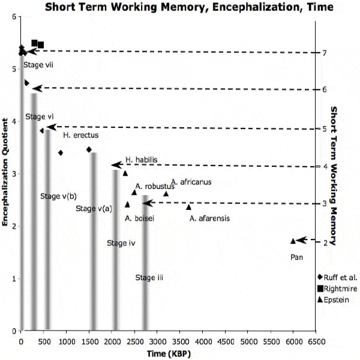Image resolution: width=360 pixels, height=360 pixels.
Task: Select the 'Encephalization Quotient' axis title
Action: (5, 180)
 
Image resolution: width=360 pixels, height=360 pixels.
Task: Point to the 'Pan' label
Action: (296, 257)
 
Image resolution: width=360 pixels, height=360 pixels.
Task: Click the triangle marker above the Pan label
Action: (293, 241)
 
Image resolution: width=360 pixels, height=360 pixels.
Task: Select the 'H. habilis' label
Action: (142, 160)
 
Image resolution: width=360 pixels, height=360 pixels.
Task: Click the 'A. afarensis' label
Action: (209, 218)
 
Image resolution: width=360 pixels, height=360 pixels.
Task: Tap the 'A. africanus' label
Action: (191, 182)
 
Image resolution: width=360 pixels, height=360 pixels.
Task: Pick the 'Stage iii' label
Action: (149, 277)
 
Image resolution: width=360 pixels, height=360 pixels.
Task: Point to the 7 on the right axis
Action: (323, 53)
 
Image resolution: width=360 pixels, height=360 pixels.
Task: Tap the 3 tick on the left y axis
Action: (13, 174)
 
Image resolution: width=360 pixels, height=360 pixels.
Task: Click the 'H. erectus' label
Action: (80, 135)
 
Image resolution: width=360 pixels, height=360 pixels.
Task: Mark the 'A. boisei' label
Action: (139, 218)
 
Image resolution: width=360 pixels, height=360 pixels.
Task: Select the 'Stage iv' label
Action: (121, 243)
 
